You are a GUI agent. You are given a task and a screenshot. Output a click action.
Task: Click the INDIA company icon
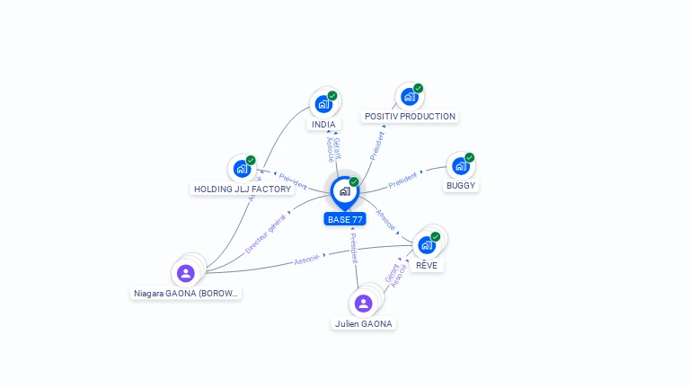(x=323, y=104)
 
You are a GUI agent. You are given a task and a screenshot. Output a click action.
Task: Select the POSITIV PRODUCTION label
(x=410, y=117)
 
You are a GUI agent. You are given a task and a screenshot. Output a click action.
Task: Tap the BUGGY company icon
(x=460, y=166)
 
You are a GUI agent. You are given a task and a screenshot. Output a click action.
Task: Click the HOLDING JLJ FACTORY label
(x=243, y=190)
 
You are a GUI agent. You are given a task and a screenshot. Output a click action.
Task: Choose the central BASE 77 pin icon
(x=344, y=190)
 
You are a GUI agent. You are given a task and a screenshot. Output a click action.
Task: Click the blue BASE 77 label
(x=345, y=219)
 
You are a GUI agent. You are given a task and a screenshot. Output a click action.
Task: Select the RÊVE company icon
(x=427, y=243)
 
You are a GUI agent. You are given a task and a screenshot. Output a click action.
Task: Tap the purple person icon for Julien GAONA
(x=363, y=303)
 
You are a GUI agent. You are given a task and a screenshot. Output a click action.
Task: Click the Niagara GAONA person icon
(x=186, y=273)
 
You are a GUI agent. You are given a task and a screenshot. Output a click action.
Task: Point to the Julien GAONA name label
(x=364, y=324)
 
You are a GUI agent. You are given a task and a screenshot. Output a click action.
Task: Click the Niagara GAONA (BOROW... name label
(x=187, y=294)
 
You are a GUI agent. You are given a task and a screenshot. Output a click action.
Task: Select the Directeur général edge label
(x=266, y=233)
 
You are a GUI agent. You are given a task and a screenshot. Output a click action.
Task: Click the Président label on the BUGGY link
(x=402, y=178)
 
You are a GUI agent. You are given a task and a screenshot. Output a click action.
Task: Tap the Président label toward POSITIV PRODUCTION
(x=376, y=146)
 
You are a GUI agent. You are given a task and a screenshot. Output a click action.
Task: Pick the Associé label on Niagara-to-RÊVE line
(x=307, y=259)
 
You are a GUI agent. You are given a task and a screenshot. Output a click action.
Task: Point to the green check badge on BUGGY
(x=469, y=157)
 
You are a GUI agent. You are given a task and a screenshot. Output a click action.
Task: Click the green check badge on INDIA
(x=332, y=96)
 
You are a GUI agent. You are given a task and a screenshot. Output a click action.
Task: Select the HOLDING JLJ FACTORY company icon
(x=241, y=168)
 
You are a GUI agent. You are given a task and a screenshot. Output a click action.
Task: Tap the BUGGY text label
(x=461, y=186)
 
